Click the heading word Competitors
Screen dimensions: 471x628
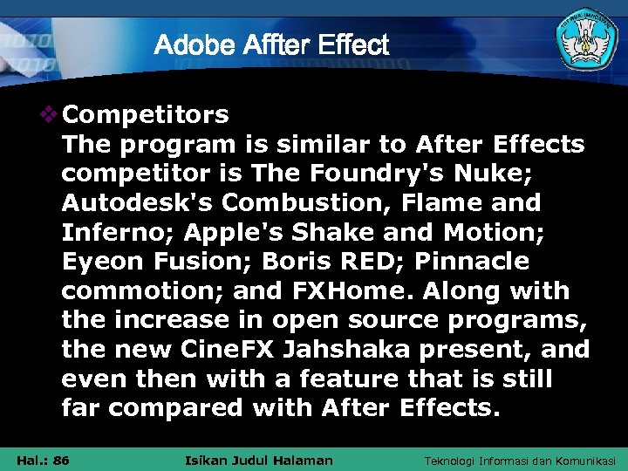(146, 114)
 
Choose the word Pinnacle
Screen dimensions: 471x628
(472, 262)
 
